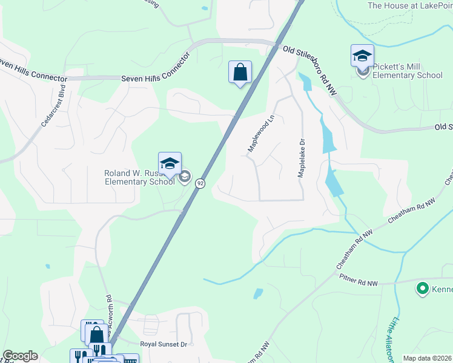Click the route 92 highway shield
200,183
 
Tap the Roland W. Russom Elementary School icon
170,163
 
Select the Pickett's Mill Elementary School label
407,71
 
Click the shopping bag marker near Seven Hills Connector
240,73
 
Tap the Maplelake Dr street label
300,156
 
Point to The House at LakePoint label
410,5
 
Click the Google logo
20,356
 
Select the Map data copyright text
428,358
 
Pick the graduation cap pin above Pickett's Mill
362,56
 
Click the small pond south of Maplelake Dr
258,294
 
